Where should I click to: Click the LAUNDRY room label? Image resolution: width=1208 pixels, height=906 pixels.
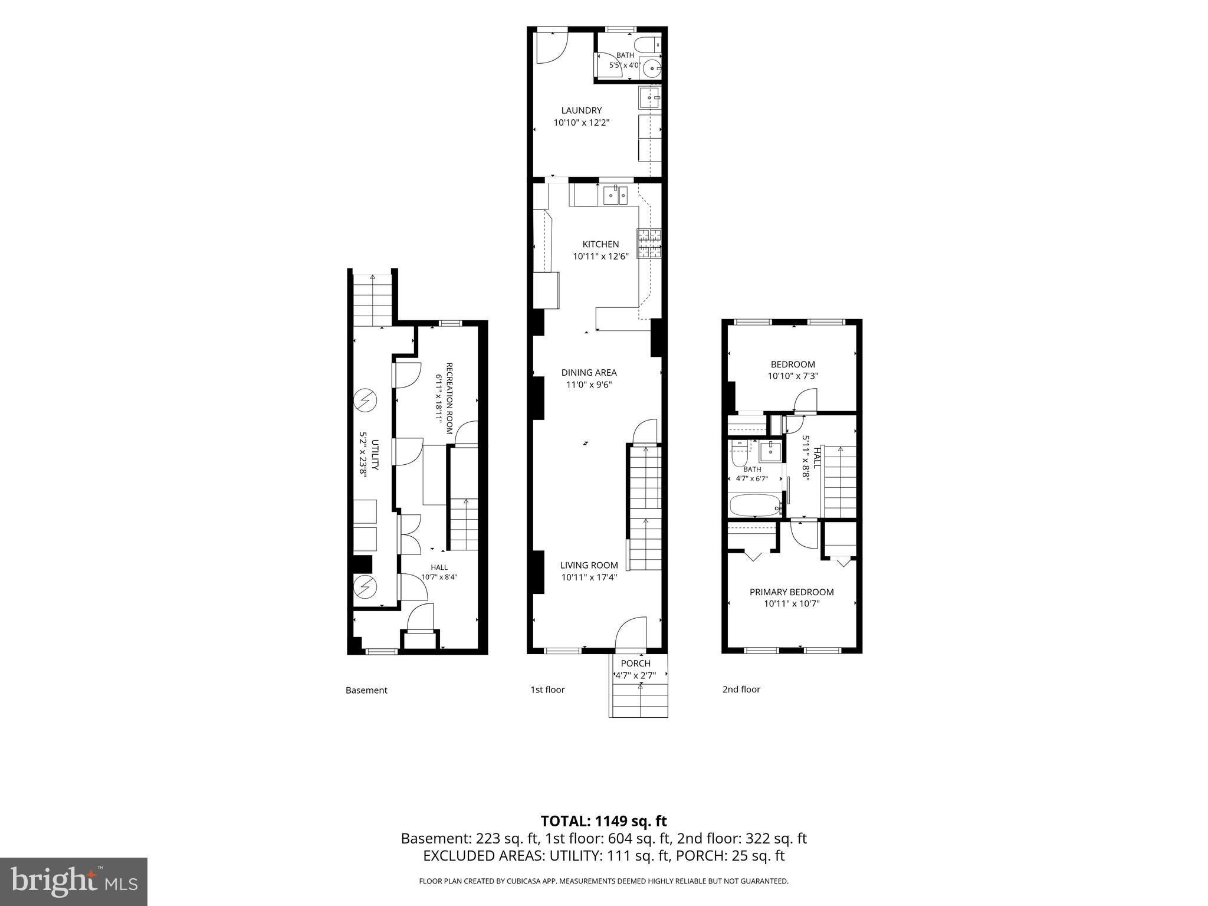[581, 110]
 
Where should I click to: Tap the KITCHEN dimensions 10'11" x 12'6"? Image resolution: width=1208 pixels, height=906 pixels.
[600, 257]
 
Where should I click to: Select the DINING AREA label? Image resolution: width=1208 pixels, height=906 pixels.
[589, 372]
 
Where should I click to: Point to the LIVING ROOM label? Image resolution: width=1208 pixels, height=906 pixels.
[589, 565]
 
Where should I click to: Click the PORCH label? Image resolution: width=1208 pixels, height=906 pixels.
[636, 663]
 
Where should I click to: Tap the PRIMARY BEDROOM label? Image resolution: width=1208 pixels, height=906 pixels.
[792, 592]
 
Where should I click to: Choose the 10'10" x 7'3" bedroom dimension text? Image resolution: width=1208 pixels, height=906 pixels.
[793, 376]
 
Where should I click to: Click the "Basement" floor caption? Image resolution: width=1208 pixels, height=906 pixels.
[366, 690]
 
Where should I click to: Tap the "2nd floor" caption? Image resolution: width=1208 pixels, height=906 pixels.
[741, 689]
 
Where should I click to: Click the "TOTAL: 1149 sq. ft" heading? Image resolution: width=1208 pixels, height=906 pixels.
[604, 821]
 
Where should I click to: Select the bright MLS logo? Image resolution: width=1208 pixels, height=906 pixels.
[74, 881]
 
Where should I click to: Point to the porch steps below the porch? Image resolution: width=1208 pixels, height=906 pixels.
[638, 700]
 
